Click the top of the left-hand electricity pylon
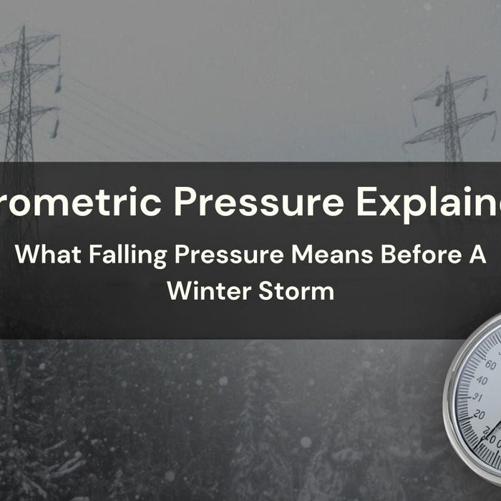(23, 27)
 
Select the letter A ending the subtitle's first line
(477, 256)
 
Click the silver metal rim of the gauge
(449, 401)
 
